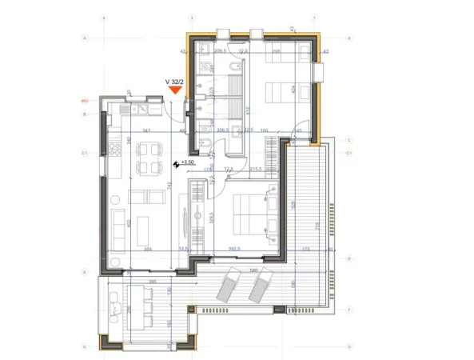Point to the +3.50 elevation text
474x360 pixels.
(x=189, y=162)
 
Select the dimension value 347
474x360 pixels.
(x=147, y=130)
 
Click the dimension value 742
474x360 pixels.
(x=169, y=186)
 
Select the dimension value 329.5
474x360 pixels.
(x=211, y=216)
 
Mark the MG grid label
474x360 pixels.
(x=83, y=101)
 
